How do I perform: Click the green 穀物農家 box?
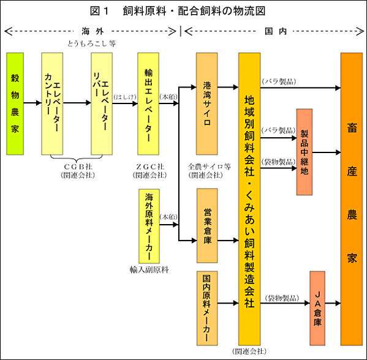click(15, 103)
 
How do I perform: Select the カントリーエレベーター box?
click(52, 103)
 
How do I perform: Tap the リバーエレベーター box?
click(102, 103)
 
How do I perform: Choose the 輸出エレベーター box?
click(148, 103)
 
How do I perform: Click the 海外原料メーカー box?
click(149, 226)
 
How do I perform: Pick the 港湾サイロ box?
click(207, 103)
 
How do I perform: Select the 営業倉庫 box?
click(207, 226)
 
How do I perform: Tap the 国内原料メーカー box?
click(207, 309)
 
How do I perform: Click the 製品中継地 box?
click(305, 152)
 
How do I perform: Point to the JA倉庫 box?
click(317, 309)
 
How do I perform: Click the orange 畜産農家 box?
click(352, 199)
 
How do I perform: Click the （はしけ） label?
click(125, 97)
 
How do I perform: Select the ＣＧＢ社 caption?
click(78, 167)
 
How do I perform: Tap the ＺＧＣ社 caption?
click(150, 167)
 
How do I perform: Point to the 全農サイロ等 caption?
click(209, 167)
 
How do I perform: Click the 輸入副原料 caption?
click(149, 270)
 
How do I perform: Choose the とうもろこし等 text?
click(91, 43)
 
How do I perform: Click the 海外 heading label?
click(93, 31)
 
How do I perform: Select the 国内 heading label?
click(276, 31)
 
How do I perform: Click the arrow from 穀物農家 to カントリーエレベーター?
click(32, 103)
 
